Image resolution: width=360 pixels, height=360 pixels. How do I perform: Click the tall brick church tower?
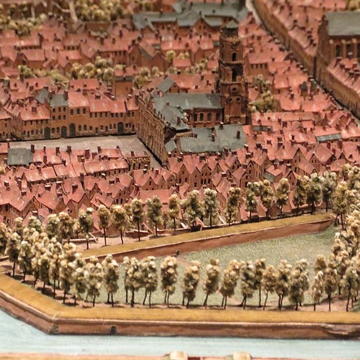click(x=232, y=77)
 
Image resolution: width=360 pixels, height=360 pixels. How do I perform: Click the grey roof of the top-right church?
click(x=344, y=23)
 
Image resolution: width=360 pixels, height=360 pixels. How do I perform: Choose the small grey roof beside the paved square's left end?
click(x=20, y=156)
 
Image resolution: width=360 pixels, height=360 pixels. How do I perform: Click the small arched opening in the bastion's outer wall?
click(x=113, y=330)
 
